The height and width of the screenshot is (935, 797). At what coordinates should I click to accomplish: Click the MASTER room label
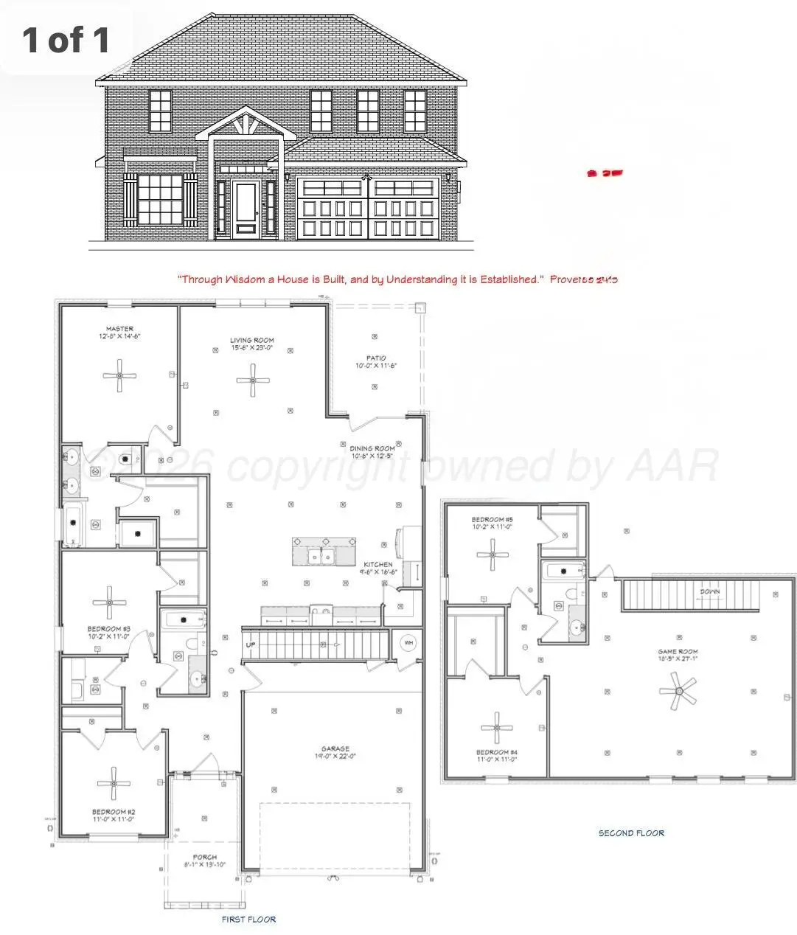tap(119, 329)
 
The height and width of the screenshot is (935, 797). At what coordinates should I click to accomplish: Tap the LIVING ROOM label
tap(252, 341)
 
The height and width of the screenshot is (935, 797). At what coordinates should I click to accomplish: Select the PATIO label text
tap(376, 358)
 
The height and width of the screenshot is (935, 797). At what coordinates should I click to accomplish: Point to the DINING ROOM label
tap(372, 448)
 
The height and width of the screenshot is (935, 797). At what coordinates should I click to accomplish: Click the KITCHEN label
tap(377, 565)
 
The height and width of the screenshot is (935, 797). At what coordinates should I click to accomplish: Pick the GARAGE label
tap(335, 748)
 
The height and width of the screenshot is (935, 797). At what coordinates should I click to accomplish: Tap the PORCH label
tap(204, 858)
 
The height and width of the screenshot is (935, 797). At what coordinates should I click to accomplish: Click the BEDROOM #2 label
tap(113, 812)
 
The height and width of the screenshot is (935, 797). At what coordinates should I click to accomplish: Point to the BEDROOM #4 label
tap(496, 752)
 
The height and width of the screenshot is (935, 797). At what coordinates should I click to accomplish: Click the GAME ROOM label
tap(678, 652)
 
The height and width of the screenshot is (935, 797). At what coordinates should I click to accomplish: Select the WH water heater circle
tap(408, 643)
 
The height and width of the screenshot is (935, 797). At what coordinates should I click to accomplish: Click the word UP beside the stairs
tap(251, 644)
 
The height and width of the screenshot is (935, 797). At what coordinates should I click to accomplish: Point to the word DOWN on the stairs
tap(710, 591)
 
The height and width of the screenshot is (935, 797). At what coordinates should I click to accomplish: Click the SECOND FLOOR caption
tap(631, 833)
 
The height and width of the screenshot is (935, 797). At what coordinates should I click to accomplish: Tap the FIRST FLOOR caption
tap(248, 920)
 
